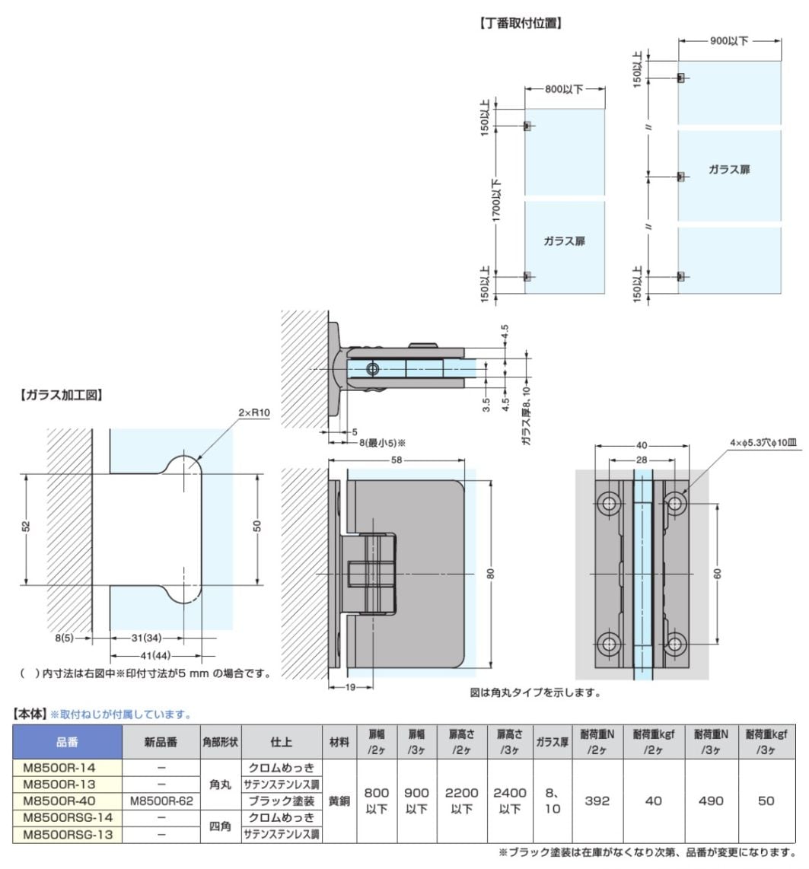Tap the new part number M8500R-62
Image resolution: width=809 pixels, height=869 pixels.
[x=161, y=801]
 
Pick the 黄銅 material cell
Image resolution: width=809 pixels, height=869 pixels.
[x=339, y=801]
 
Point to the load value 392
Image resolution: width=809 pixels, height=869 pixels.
[x=597, y=801]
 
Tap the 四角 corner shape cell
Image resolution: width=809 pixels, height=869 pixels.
[x=220, y=826]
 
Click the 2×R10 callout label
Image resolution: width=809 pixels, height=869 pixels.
[x=254, y=412]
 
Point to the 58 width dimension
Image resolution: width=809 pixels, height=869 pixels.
[x=397, y=460]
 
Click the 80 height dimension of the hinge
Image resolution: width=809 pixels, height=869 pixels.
[x=492, y=575]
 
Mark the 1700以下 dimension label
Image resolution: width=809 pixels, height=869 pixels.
[x=497, y=199]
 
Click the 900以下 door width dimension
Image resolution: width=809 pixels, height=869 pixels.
[x=729, y=41]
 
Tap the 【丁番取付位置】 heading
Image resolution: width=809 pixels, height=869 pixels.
[x=521, y=24]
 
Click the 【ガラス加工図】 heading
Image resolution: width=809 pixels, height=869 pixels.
[x=61, y=395]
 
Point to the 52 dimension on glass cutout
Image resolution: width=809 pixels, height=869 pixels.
[x=27, y=529]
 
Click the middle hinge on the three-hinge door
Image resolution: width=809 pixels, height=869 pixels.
[x=681, y=177]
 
